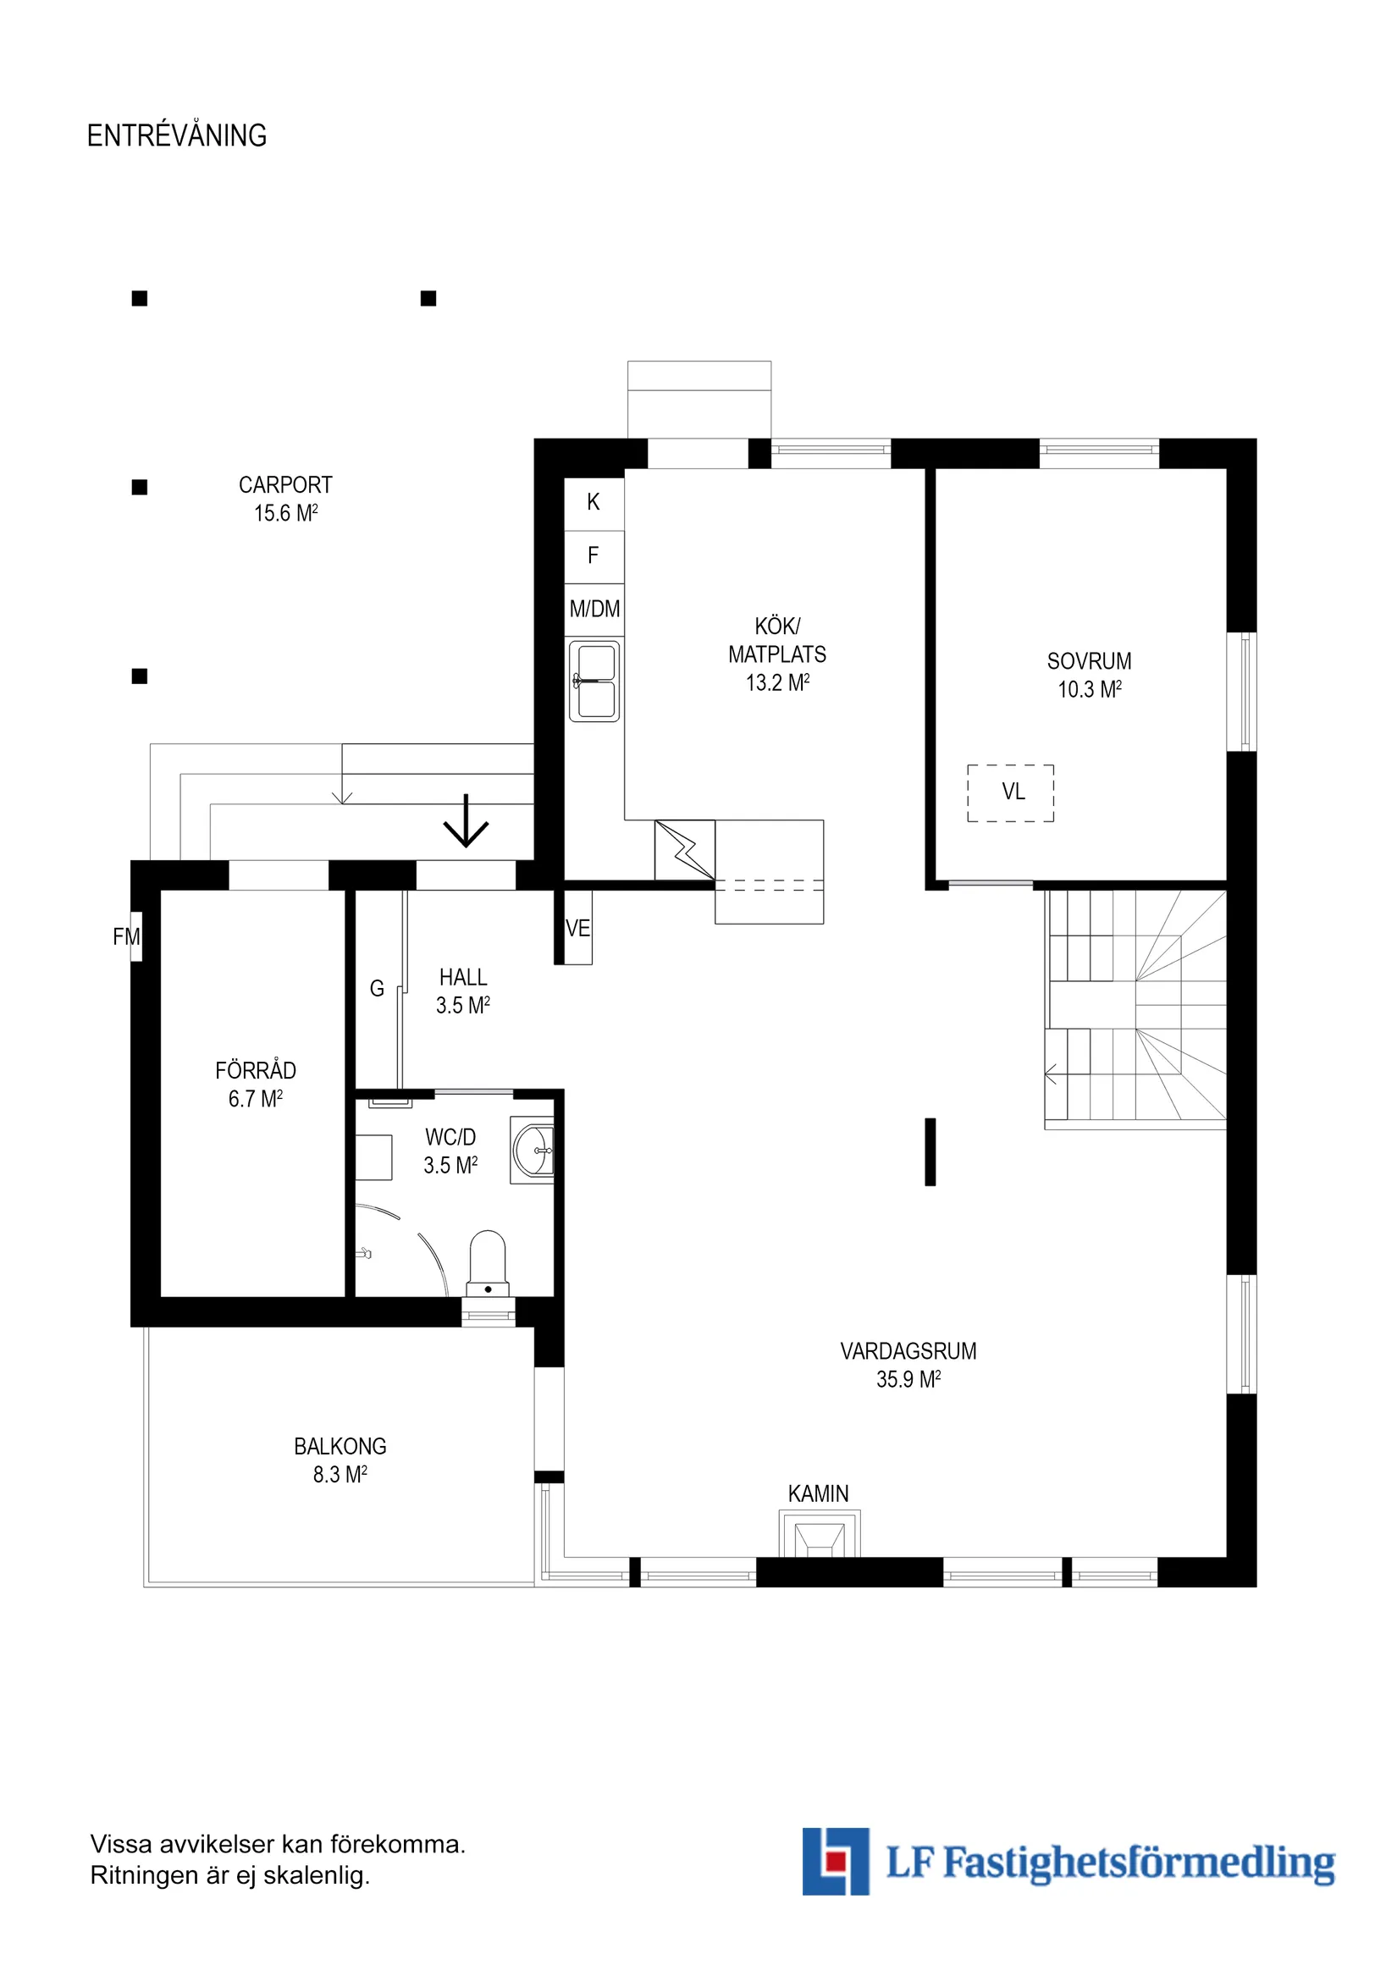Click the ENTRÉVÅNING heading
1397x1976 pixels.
(x=176, y=136)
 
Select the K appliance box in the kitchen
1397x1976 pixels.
(x=593, y=503)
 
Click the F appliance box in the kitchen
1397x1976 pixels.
(x=593, y=556)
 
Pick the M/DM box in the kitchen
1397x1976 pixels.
(x=594, y=610)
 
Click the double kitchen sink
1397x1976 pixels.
(x=594, y=680)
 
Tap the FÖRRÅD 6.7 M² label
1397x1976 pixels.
(x=255, y=1085)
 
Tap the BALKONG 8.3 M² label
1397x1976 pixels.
(x=340, y=1460)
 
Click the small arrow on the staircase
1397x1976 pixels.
(x=1050, y=1074)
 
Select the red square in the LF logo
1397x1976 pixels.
(x=832, y=1862)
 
